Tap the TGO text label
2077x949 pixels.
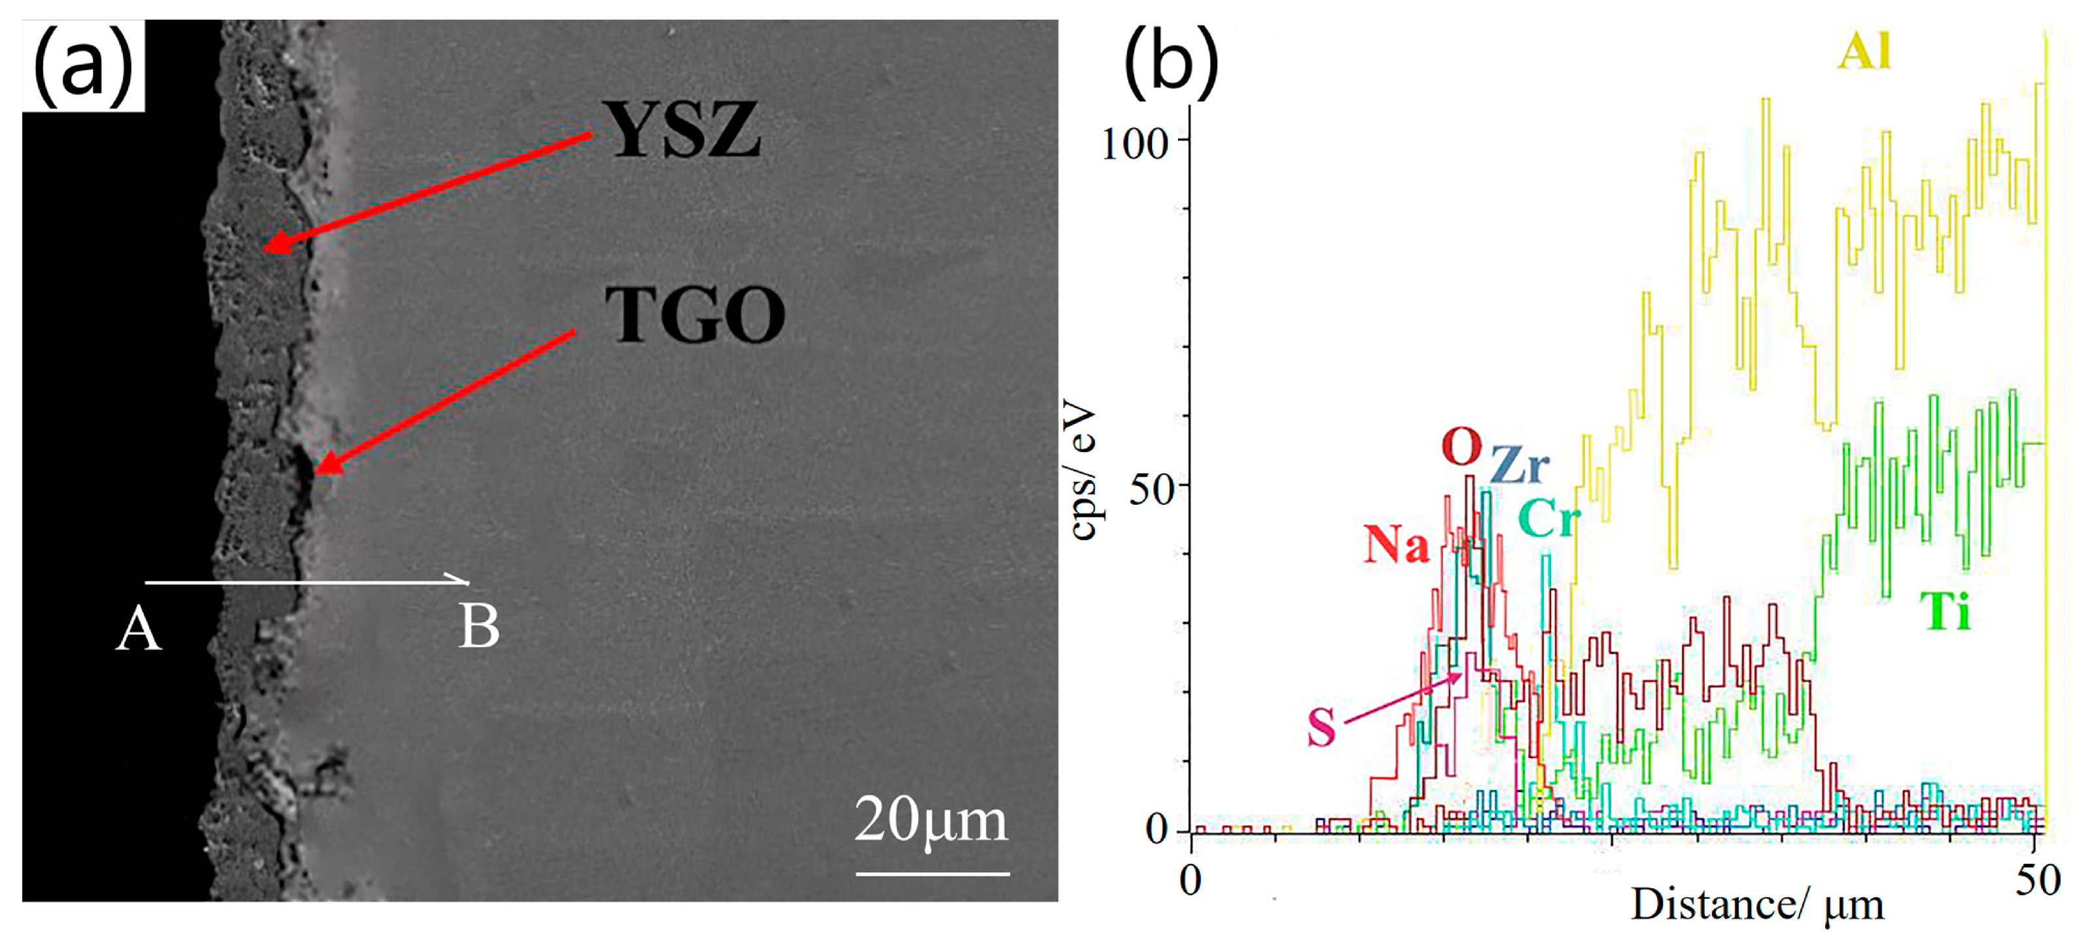click(695, 315)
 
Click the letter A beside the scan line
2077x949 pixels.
click(138, 630)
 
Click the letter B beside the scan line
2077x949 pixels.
click(479, 627)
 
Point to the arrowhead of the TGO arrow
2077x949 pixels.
click(319, 471)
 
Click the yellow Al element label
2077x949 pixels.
click(1864, 53)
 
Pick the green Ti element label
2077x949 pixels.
click(1945, 612)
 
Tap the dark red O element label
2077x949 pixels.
click(1461, 447)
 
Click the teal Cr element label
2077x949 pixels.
click(1548, 519)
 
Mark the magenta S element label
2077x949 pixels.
click(1321, 727)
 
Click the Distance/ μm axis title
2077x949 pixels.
click(1758, 905)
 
